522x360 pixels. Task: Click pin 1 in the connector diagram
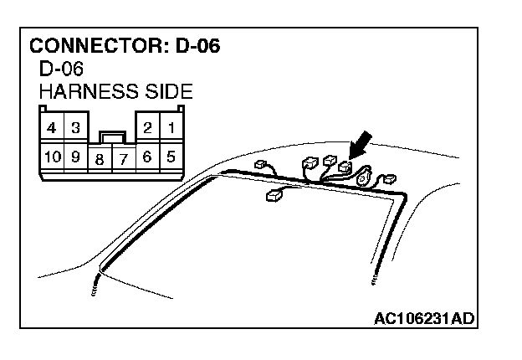(x=171, y=128)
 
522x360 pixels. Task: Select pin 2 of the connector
(x=147, y=128)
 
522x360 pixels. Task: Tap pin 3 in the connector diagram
(x=75, y=128)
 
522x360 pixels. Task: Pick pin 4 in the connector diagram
(x=52, y=128)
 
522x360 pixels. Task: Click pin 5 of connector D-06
(x=171, y=155)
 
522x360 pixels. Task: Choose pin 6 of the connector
(x=147, y=155)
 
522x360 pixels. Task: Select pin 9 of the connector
(x=75, y=155)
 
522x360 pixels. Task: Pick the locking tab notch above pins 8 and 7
(x=111, y=134)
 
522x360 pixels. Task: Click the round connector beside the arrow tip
(x=363, y=178)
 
